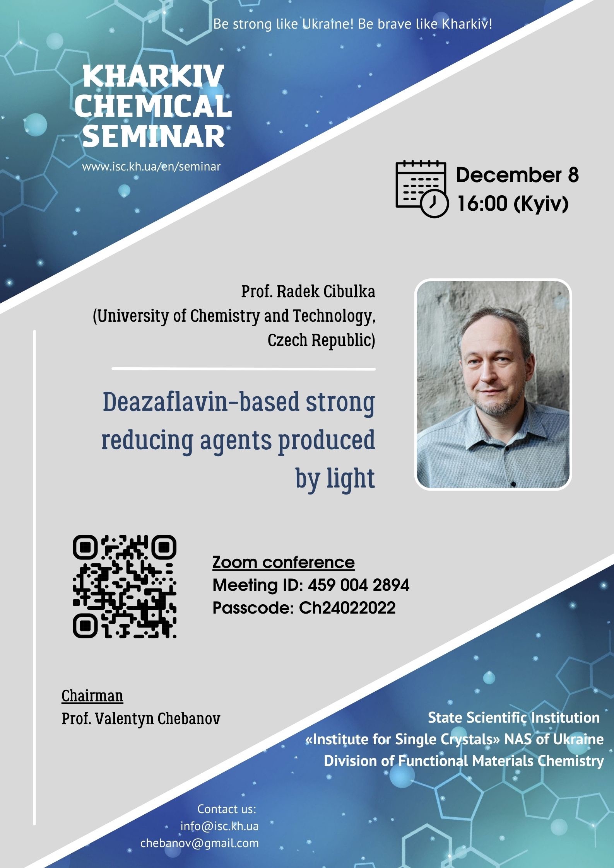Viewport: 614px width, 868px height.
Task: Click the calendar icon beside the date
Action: point(422,189)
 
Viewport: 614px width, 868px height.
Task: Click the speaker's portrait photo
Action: point(493,384)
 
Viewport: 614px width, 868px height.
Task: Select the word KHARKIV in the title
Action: point(153,76)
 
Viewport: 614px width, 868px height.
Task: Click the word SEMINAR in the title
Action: point(154,136)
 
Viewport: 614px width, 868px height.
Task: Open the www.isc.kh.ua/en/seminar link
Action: point(151,167)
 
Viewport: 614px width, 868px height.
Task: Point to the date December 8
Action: point(517,175)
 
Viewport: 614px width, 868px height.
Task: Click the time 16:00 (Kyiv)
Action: point(513,204)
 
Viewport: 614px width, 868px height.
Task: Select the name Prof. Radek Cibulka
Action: point(308,291)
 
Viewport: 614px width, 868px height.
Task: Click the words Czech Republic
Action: point(321,340)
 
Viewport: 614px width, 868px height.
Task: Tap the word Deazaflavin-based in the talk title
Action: point(201,402)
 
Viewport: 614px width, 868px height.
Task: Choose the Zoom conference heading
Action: point(283,562)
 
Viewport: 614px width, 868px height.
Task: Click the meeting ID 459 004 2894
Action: point(358,585)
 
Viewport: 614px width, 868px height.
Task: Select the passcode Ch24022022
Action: point(347,608)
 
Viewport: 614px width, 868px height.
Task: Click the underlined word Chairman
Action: point(92,696)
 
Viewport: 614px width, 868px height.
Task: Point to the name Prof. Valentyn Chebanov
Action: point(141,719)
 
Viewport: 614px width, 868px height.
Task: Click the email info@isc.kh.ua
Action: point(219,826)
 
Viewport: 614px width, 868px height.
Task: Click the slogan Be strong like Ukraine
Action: point(284,24)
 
